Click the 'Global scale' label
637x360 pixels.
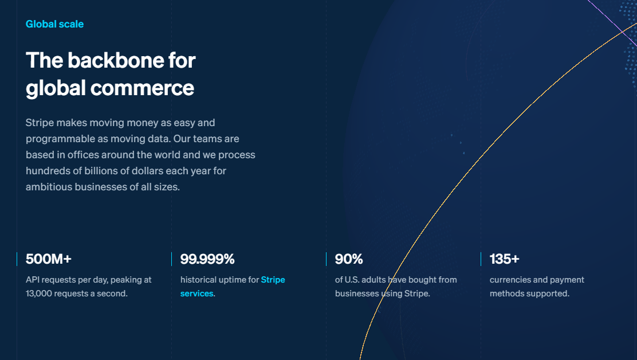point(54,24)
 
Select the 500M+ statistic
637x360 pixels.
point(49,259)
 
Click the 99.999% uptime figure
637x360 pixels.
point(207,259)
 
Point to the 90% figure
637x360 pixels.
point(349,259)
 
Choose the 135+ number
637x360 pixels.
point(504,259)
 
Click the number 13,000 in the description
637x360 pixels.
point(42,294)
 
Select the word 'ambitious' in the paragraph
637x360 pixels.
point(49,187)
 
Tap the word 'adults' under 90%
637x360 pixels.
point(378,280)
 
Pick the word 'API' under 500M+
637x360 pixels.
point(33,280)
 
